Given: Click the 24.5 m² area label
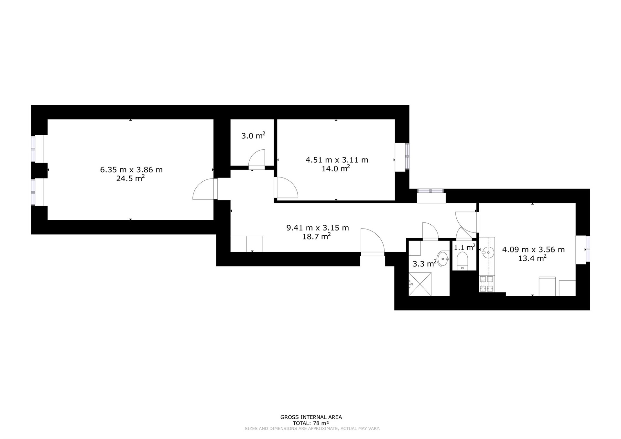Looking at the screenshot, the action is [130, 178].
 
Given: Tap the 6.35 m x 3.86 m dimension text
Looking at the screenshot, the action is [131, 170].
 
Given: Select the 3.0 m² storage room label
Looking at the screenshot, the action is [253, 135].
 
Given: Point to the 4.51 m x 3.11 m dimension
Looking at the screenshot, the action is [337, 160].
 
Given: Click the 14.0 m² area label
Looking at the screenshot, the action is [336, 168].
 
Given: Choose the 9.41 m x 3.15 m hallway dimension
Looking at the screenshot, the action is [318, 228].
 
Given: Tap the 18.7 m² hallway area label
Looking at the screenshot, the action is [316, 236].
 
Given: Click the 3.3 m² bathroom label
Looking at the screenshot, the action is [424, 263].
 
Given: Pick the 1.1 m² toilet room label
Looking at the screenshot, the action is [465, 247].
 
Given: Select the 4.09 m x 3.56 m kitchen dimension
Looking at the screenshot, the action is [533, 250].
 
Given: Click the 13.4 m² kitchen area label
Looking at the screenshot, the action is [532, 258].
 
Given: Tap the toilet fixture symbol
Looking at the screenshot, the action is [463, 261].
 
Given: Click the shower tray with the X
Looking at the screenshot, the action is [420, 284].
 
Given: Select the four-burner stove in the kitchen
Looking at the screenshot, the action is [487, 284].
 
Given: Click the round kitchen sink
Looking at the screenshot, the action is [488, 252].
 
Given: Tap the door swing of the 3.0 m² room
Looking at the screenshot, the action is [257, 159].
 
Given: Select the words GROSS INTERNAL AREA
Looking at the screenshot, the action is [311, 417].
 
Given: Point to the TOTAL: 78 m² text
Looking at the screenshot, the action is [311, 423].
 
